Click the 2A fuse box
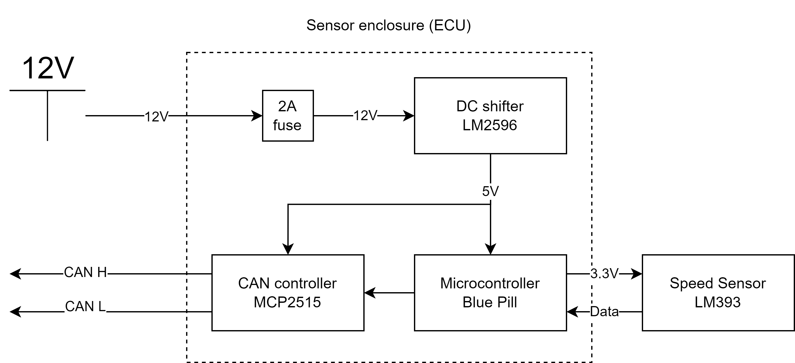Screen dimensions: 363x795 click(288, 116)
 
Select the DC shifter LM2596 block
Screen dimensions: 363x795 click(490, 116)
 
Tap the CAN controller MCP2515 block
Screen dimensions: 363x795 click(288, 293)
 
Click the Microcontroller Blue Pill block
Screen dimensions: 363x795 click(490, 293)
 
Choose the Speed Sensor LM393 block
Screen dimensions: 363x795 click(718, 293)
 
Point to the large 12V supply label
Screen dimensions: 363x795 click(48, 68)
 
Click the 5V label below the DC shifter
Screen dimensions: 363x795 click(490, 191)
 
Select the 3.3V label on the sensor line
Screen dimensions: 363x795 click(604, 273)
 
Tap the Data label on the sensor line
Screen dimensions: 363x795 click(604, 312)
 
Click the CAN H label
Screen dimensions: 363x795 click(85, 273)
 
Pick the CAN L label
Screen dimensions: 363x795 click(85, 307)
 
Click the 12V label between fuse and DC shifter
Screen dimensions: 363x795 click(365, 116)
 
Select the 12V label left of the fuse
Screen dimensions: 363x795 click(156, 117)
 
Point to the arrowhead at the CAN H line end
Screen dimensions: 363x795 click(15, 273)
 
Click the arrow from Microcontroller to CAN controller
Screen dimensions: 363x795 click(389, 293)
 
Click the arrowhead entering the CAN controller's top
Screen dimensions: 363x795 click(288, 249)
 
